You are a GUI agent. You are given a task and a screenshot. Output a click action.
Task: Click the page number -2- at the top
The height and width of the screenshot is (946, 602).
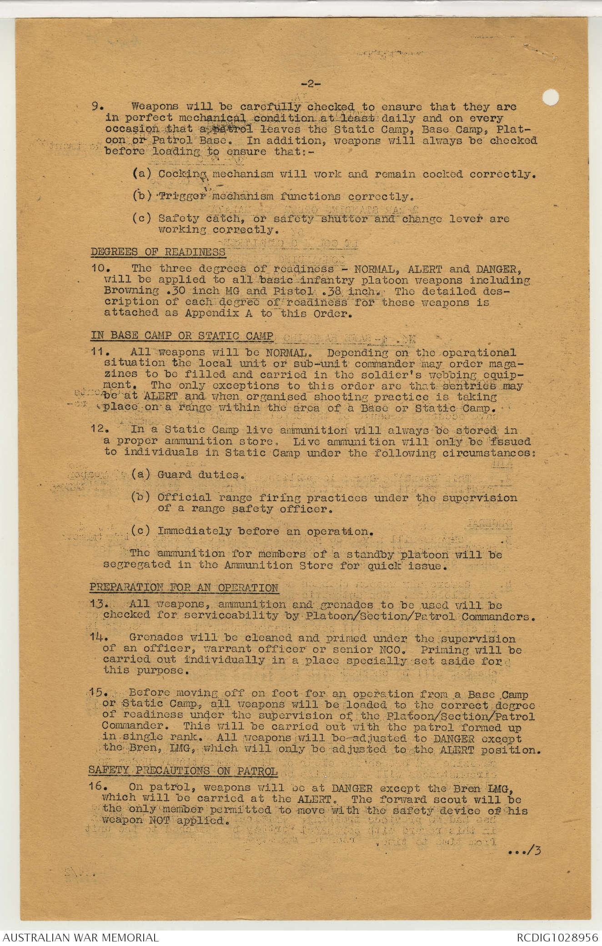[311, 84]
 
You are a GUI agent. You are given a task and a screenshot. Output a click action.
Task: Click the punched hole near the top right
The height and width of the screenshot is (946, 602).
[551, 97]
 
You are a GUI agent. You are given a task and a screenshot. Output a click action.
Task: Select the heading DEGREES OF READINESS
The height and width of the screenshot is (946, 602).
[158, 252]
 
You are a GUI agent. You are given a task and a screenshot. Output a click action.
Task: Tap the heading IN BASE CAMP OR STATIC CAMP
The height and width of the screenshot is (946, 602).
[182, 336]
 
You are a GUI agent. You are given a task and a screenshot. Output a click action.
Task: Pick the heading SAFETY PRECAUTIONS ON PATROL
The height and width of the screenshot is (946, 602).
[183, 771]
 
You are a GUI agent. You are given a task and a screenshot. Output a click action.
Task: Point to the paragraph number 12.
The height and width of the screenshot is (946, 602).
[99, 430]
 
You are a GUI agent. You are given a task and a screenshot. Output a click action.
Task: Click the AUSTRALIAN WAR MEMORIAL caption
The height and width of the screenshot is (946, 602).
[80, 937]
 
